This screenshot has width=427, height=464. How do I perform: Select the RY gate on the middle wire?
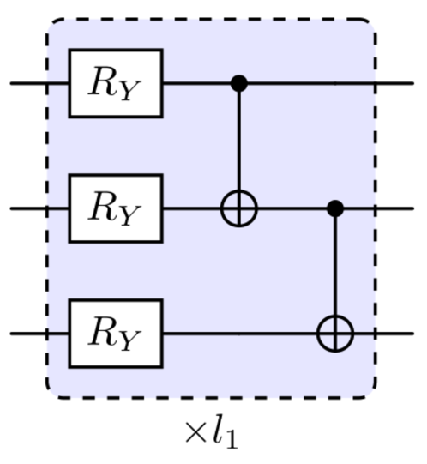(x=116, y=208)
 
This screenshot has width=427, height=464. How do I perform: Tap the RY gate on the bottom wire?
(x=116, y=332)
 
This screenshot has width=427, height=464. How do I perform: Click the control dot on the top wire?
(x=239, y=83)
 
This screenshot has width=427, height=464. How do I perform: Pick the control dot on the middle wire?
(x=336, y=208)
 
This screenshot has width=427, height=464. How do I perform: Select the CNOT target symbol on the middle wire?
(x=239, y=208)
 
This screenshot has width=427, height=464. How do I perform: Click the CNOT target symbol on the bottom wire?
(x=336, y=332)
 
